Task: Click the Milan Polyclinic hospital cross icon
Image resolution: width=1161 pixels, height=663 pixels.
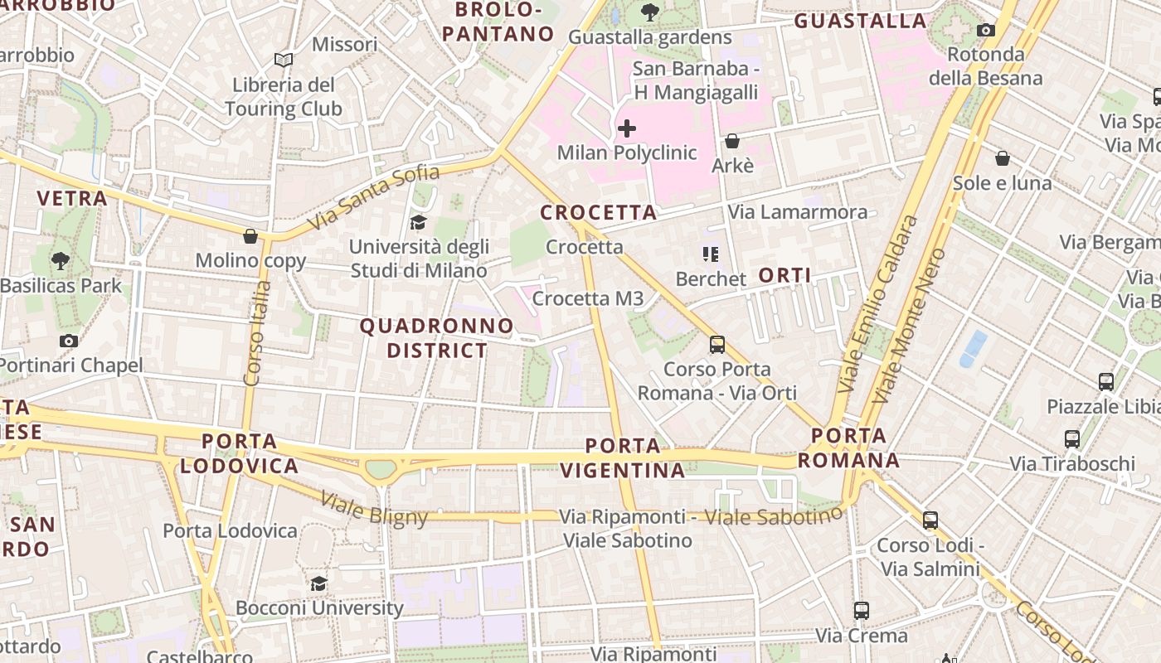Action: point(627,128)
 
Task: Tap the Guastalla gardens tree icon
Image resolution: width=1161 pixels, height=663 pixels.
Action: point(650,12)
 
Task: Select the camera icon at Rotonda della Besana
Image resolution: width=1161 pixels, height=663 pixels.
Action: point(985,31)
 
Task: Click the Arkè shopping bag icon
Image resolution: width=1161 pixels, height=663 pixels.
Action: point(732,141)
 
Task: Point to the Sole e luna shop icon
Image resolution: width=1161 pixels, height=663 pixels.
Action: point(1002,157)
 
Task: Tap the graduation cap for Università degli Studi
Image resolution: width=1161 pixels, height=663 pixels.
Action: point(418,222)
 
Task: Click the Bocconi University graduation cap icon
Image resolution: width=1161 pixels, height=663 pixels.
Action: point(318,583)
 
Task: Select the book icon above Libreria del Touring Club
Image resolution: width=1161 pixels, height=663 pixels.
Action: point(284,60)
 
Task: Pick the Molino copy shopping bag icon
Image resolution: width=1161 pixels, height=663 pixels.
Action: point(250,236)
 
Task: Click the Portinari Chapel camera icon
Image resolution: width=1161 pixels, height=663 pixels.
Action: point(69,341)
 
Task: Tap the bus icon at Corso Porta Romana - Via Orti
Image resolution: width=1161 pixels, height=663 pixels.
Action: point(717,344)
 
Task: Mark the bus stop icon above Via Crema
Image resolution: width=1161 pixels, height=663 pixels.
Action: point(862,611)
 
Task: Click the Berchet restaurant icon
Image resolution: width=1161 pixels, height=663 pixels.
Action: point(711,254)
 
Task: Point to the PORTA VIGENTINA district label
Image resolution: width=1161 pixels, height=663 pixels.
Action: point(623,458)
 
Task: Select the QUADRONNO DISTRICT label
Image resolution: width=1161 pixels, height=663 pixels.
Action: point(437,338)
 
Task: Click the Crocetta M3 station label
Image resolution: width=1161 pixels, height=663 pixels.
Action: point(587,298)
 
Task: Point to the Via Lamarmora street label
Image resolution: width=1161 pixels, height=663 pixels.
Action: point(798,212)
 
